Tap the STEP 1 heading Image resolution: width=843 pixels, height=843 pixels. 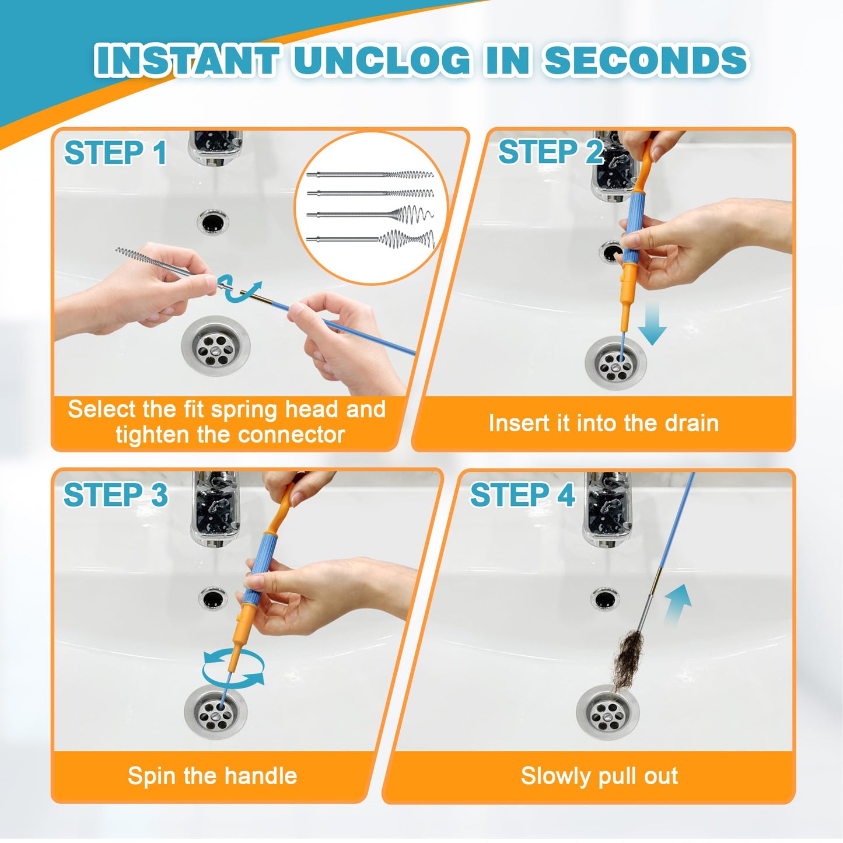click(116, 153)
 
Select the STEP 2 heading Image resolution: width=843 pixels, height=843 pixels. click(550, 152)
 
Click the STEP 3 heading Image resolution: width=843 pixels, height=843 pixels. click(116, 495)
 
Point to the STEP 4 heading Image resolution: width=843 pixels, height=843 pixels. click(522, 495)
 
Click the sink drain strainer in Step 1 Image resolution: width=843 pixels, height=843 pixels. click(216, 345)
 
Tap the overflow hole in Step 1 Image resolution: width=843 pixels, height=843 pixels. click(213, 222)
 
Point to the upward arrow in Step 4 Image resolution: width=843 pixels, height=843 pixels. click(678, 604)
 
